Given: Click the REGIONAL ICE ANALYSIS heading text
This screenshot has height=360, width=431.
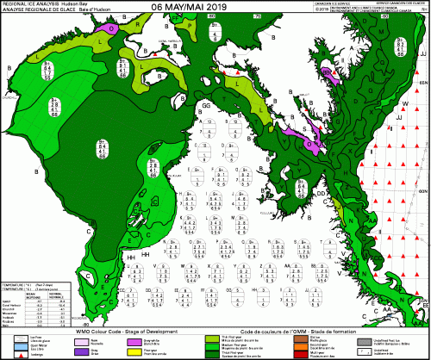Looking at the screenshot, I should pyautogui.click(x=25, y=4).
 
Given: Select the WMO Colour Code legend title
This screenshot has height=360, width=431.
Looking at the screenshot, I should pyautogui.click(x=120, y=332).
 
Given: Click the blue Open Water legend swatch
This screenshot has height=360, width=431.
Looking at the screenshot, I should pyautogui.click(x=12, y=345).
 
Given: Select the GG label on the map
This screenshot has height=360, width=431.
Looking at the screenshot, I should pyautogui.click(x=205, y=105).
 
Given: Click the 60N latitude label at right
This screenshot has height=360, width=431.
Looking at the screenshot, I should pyautogui.click(x=422, y=189).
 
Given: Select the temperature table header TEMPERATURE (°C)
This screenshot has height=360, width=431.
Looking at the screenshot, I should pyautogui.click(x=17, y=282).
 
